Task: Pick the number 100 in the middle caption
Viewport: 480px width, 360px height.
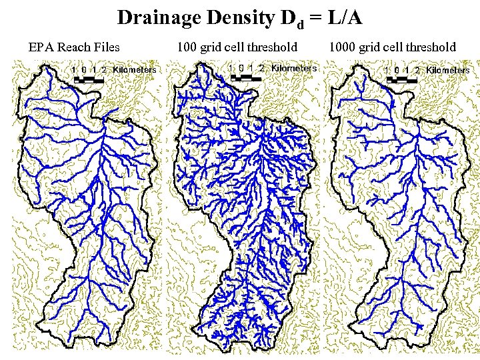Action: (x=187, y=47)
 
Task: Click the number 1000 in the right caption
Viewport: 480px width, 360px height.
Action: (x=342, y=47)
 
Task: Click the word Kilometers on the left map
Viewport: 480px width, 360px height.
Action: (x=135, y=69)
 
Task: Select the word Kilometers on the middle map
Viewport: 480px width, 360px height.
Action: (x=294, y=68)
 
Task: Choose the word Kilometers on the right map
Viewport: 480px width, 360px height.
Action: (x=448, y=70)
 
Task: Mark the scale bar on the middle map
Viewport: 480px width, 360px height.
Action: (x=246, y=77)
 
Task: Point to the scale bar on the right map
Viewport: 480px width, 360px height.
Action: (x=402, y=79)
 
